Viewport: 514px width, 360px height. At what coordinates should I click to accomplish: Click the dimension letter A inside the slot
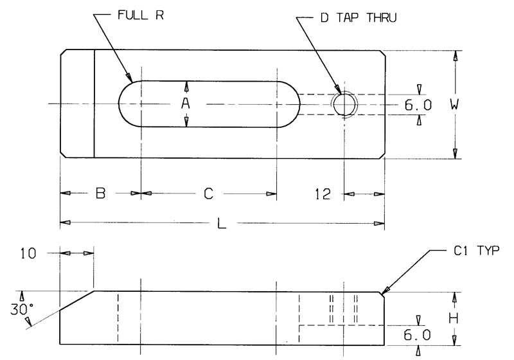pyautogui.click(x=186, y=104)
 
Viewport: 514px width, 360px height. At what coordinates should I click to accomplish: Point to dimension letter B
pyautogui.click(x=100, y=193)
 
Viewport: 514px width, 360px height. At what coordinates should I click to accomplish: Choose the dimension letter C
pyautogui.click(x=208, y=193)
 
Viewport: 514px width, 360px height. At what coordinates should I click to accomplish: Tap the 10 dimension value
pyautogui.click(x=30, y=253)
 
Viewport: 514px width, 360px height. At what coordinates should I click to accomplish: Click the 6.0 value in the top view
pyautogui.click(x=418, y=104)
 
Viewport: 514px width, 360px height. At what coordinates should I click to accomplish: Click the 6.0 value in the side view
pyautogui.click(x=418, y=334)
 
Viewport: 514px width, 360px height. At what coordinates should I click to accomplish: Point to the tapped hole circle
pyautogui.click(x=344, y=104)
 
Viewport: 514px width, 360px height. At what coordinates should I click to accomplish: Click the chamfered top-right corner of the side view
pyautogui.click(x=382, y=294)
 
